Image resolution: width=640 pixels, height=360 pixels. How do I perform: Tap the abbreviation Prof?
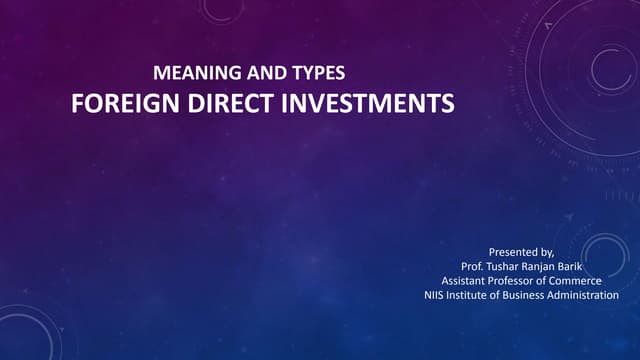(x=473, y=267)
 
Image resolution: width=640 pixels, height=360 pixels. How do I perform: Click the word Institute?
(x=475, y=295)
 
